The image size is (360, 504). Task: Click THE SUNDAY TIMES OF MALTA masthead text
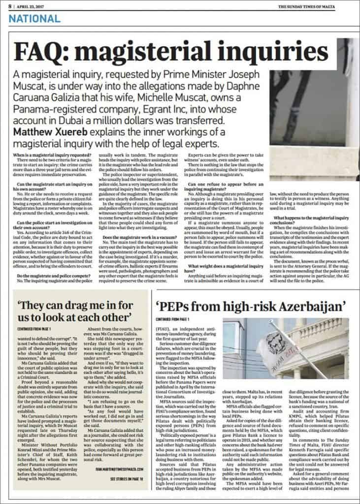point(315,6)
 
